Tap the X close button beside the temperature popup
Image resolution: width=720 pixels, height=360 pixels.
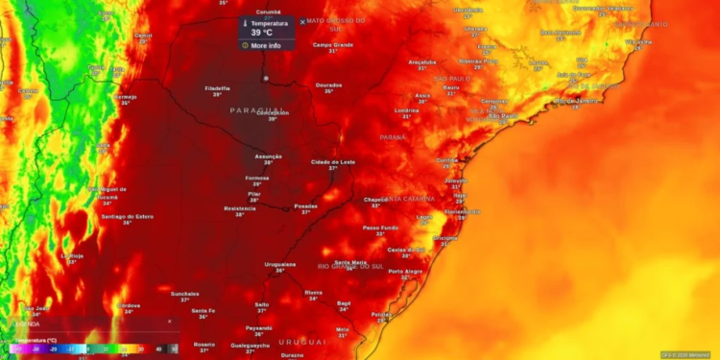tap(302, 21)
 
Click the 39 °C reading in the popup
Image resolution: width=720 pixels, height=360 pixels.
tap(262, 33)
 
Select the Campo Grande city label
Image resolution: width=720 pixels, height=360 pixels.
tap(333, 44)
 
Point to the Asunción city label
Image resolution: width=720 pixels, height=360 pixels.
tap(269, 156)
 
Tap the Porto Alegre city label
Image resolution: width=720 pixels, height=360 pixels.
tap(405, 271)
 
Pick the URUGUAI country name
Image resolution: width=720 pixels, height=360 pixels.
tap(302, 342)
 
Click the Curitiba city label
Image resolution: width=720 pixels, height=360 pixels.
tap(447, 159)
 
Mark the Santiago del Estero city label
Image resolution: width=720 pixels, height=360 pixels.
tap(127, 216)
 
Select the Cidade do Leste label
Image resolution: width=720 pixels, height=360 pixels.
tap(333, 162)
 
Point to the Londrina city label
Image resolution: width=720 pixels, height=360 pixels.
tap(407, 109)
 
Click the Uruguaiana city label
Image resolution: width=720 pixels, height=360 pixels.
tap(280, 263)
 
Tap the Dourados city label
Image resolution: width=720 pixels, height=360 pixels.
tap(328, 84)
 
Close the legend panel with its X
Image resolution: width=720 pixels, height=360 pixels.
tap(170, 322)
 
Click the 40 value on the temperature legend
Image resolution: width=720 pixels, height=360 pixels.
tap(159, 349)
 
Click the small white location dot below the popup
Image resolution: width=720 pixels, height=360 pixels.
tap(266, 78)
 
